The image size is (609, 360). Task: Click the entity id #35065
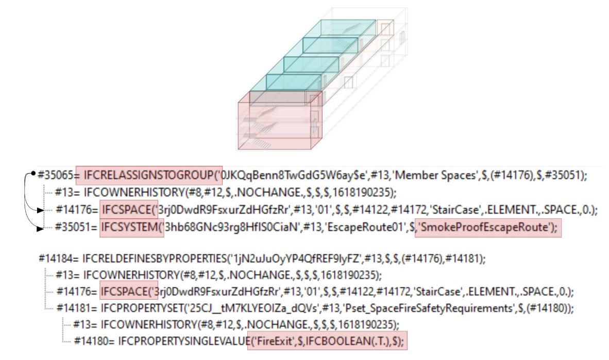[x=55, y=175]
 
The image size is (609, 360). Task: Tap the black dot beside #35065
[x=33, y=174]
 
